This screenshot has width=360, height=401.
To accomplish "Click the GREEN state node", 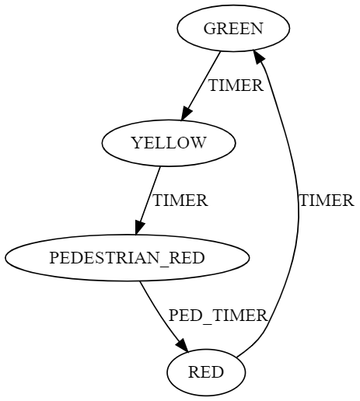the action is (233, 28).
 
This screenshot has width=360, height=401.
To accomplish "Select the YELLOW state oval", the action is (169, 143).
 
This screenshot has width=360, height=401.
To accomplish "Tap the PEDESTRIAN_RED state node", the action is (127, 258).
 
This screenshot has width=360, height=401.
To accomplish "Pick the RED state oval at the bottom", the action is (206, 372).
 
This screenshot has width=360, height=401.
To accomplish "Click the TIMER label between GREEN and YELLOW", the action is (236, 85).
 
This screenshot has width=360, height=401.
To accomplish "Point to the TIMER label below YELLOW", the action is (180, 200).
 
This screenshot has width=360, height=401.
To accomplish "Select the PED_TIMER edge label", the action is (218, 316).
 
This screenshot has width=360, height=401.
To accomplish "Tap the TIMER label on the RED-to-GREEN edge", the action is (327, 200).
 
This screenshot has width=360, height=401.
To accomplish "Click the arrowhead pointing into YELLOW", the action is (187, 113).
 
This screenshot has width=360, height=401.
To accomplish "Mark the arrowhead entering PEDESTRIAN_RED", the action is (140, 228).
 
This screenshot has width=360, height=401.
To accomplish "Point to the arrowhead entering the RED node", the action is (183, 345).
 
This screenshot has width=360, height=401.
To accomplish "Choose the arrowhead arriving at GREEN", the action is (259, 58).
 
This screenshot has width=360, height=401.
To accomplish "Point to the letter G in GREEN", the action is (208, 28).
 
